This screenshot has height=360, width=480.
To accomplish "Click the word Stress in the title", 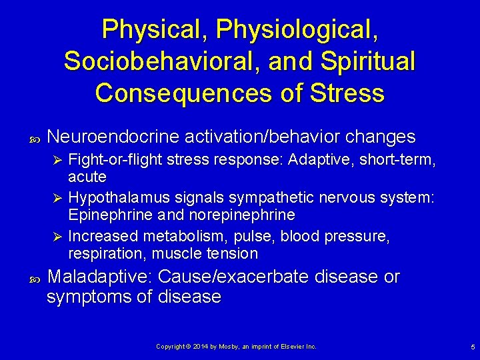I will coord(346,93).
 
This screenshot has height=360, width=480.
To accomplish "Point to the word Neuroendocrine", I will coord(114,137).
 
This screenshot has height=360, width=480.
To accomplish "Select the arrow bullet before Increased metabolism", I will coord(58,237).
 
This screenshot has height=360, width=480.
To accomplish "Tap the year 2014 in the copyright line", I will coord(200,347).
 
